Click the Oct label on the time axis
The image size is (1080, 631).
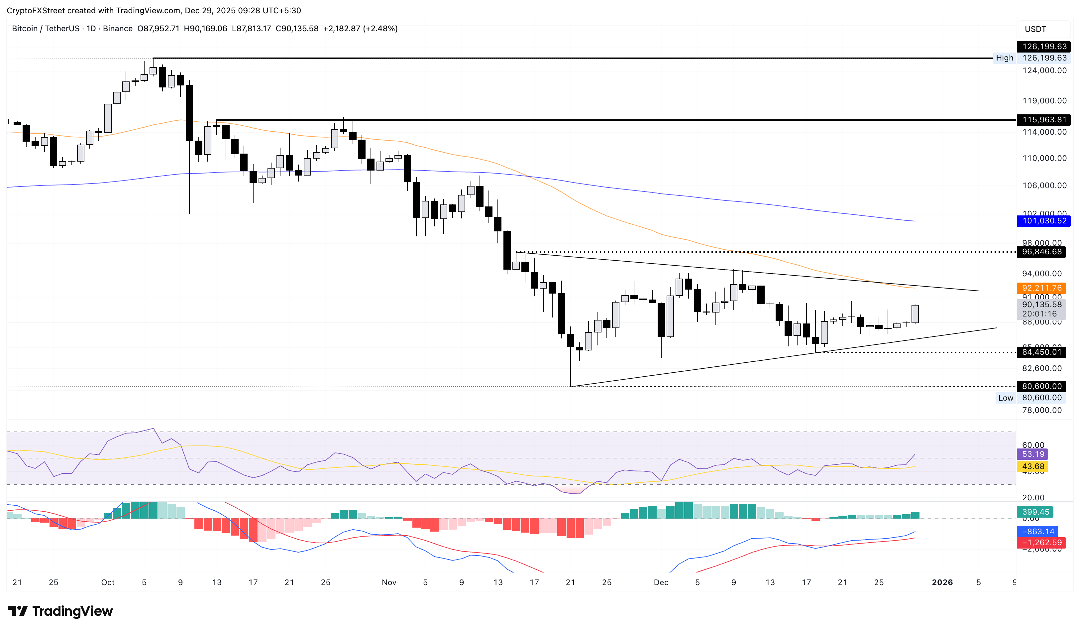tap(108, 582)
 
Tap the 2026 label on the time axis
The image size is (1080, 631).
tap(942, 582)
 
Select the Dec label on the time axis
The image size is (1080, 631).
tap(661, 582)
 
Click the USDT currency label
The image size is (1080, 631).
tap(1035, 29)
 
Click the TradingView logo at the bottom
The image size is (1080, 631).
tap(60, 611)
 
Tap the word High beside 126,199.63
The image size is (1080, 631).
tap(1004, 58)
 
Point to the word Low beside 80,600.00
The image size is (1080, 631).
tap(1006, 398)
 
